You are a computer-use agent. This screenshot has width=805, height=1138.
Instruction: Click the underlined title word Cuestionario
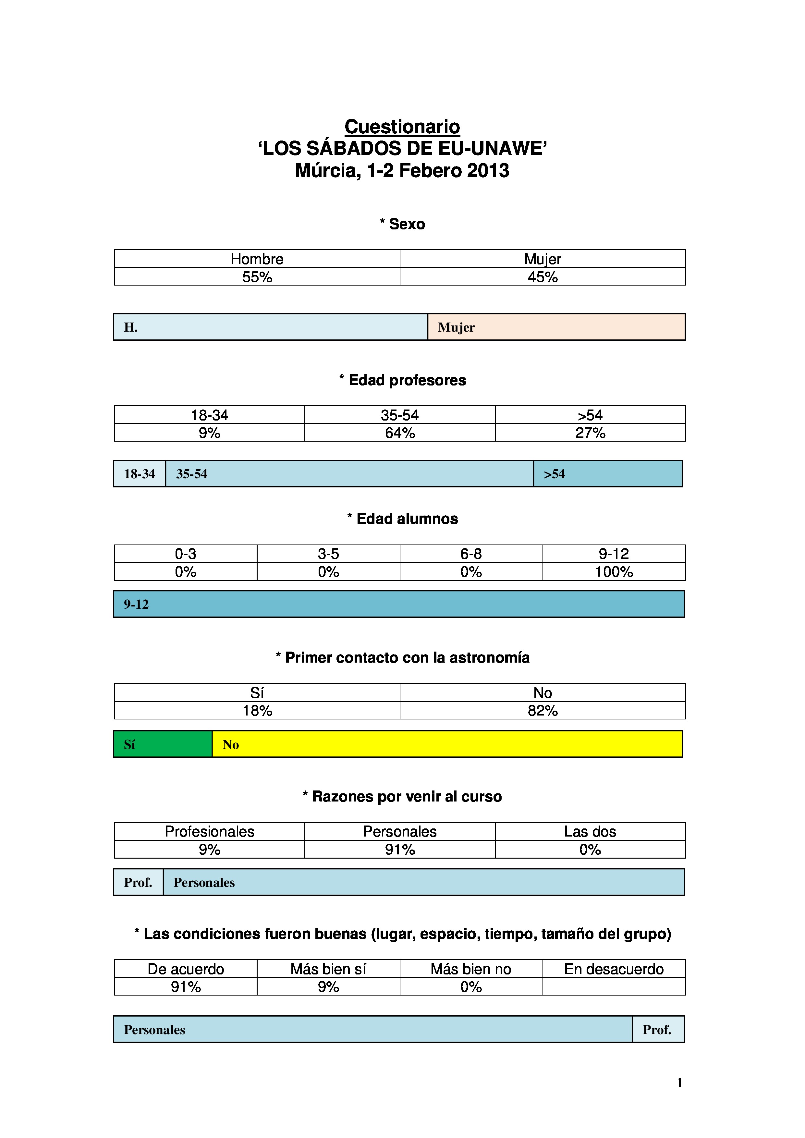coord(402,127)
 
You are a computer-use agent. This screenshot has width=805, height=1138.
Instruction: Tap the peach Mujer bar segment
coord(556,327)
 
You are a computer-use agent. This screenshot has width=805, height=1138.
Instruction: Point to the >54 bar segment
coord(608,474)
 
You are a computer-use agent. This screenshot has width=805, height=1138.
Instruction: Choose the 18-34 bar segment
coord(139,474)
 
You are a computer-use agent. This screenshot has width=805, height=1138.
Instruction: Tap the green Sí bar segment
coord(163,744)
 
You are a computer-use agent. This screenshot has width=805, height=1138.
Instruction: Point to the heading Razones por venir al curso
coord(402,797)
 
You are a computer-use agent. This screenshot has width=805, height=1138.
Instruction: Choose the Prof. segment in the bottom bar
coord(658,1029)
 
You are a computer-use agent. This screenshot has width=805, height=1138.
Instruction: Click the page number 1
coord(679,1083)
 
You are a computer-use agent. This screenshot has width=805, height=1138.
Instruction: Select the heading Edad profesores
coord(402,380)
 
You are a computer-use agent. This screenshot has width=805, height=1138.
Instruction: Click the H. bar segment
coord(270,327)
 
